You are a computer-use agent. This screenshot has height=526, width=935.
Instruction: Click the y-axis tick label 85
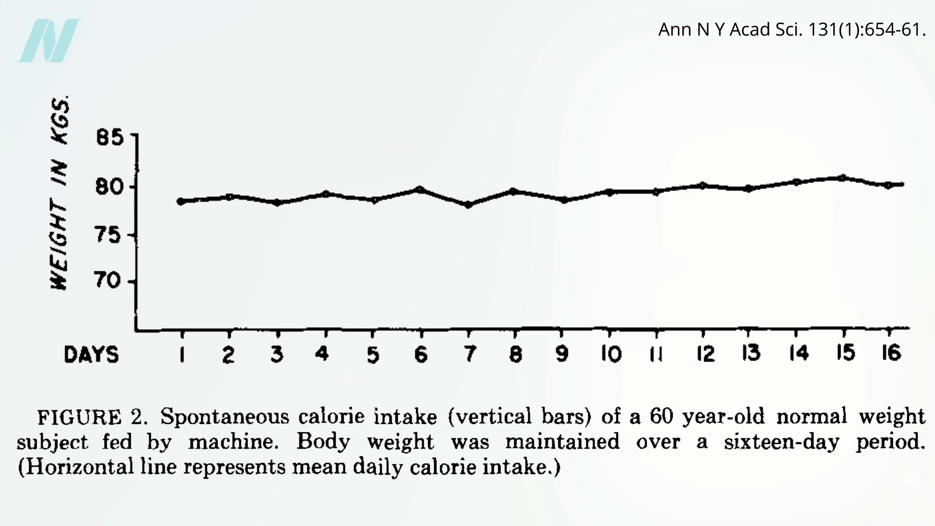(110, 138)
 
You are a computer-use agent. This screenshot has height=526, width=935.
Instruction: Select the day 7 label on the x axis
(469, 354)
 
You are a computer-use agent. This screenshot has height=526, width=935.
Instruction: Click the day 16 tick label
(891, 353)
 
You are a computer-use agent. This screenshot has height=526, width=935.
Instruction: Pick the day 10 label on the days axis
(611, 354)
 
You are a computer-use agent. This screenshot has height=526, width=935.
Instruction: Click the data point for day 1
(181, 201)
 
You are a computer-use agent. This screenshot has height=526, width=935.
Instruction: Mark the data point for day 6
(421, 189)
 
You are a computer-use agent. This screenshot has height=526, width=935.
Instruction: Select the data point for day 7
(468, 205)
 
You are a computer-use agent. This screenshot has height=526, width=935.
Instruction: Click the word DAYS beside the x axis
(91, 355)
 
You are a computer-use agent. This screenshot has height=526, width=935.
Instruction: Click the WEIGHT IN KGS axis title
(60, 193)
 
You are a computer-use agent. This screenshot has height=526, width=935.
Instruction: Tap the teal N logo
(49, 41)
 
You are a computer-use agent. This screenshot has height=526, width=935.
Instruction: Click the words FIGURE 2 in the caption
(92, 417)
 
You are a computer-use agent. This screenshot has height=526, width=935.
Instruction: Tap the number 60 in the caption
(661, 416)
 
